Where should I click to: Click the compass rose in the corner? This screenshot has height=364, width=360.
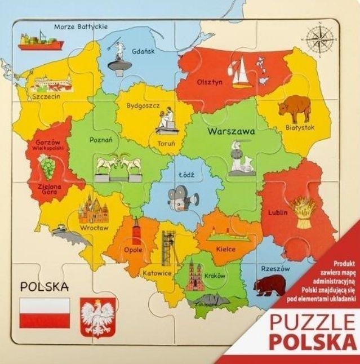tap(319, 37)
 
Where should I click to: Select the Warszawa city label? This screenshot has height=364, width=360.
tap(231, 131)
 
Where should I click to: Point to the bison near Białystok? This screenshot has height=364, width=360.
tap(294, 109)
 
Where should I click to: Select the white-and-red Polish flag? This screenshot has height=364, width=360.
tap(45, 313)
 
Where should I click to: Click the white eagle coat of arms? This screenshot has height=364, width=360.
tap(98, 317)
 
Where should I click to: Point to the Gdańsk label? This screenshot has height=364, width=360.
tap(143, 50)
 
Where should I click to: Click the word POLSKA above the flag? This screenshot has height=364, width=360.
tap(45, 286)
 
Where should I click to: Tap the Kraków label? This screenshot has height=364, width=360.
tap(215, 276)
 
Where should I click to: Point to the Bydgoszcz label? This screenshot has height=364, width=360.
tap(143, 105)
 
